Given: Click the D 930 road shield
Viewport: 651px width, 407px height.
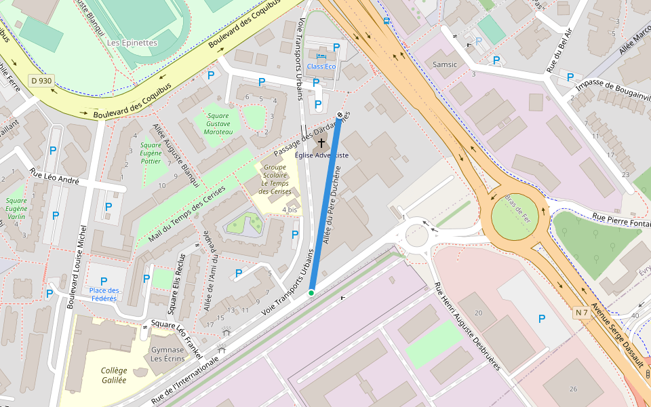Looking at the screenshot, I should (41, 81).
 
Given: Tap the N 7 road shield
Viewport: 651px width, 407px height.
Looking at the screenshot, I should (581, 312).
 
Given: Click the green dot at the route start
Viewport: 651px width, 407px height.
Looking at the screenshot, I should (311, 292).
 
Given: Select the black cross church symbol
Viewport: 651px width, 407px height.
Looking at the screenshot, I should (321, 143).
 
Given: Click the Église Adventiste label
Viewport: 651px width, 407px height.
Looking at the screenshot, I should (321, 155).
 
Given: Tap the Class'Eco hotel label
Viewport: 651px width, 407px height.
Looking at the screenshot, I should (321, 66).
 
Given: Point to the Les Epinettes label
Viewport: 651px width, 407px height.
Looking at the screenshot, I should (132, 42).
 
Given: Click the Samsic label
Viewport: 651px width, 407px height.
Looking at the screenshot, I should (445, 64).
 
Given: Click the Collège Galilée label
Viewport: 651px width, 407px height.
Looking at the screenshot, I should (114, 375).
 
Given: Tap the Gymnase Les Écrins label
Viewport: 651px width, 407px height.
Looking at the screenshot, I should (167, 353).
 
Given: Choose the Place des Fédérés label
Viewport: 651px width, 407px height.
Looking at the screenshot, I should (104, 294).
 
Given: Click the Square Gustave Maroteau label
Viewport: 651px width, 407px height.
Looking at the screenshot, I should (216, 123).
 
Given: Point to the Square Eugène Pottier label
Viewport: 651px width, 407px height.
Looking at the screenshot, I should (150, 153).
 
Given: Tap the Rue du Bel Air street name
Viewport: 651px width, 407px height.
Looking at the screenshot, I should (560, 50).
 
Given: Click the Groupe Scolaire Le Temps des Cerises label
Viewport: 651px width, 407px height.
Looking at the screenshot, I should (276, 179).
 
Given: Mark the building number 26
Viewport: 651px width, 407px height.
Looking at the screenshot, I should (573, 389).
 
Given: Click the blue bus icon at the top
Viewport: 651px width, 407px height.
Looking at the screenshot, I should (387, 20).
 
